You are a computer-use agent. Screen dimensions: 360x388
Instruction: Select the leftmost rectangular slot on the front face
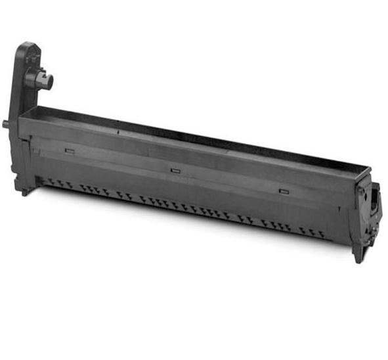coord(70,151)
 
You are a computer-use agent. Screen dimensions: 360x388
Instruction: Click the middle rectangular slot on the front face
coord(175,170)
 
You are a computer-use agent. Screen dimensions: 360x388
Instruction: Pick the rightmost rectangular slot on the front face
coord(283,191)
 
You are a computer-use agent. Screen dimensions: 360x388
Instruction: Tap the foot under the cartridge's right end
coord(358,255)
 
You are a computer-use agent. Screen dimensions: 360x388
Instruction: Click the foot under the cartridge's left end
coord(24,191)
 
